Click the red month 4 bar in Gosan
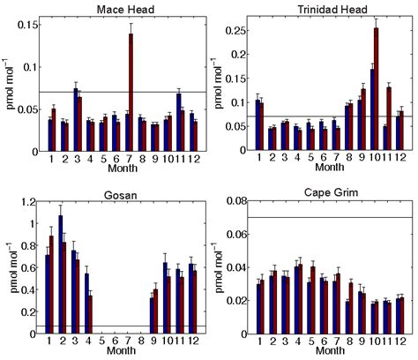tap(90, 313)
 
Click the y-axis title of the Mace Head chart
tap(8, 84)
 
